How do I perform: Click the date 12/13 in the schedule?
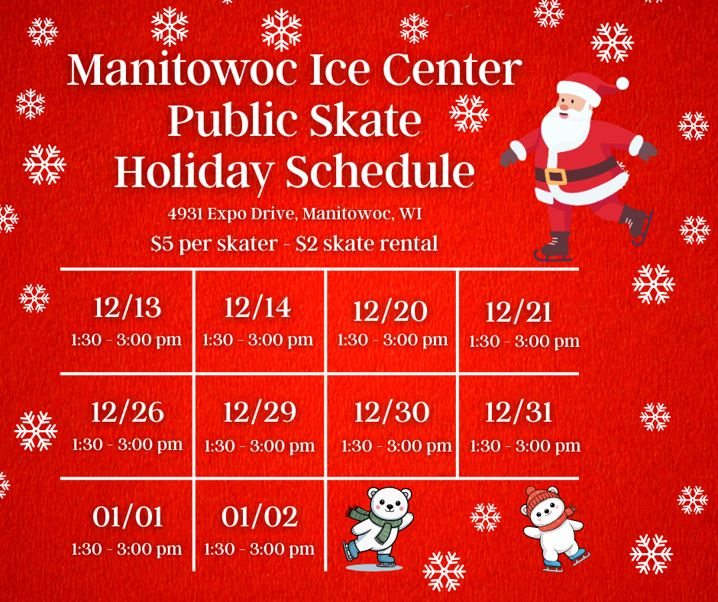tap(128, 307)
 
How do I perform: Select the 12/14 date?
tap(258, 307)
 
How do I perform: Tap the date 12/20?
tap(390, 311)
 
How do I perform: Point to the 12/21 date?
tap(519, 312)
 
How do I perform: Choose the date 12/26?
tap(128, 412)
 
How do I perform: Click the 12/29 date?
tap(260, 412)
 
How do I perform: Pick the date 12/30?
tap(392, 412)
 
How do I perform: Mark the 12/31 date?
tap(519, 412)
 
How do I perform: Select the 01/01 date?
tap(128, 516)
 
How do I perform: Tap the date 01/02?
tap(260, 516)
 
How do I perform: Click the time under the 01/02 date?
tap(259, 549)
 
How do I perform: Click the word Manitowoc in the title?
tap(183, 70)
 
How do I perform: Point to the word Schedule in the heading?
tap(380, 171)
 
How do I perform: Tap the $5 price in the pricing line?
tap(162, 243)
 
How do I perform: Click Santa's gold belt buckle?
tap(555, 176)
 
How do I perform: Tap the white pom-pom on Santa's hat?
tap(622, 83)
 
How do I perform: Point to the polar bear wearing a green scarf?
tap(379, 528)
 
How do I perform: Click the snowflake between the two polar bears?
tap(485, 517)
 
